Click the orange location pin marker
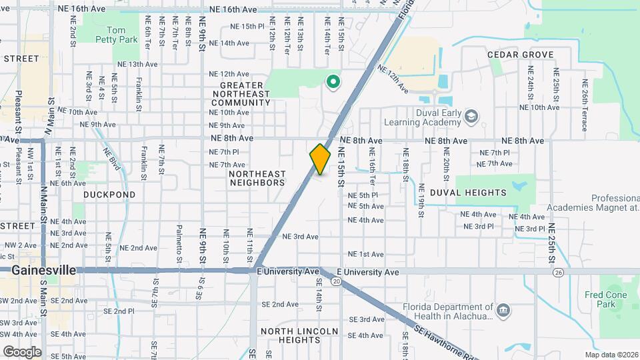pos(320,159)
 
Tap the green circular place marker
pos(332,83)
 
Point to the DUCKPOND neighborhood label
pos(109,195)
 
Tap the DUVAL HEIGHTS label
pos(468,193)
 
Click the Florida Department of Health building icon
pos(503,309)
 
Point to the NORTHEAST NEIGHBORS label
pos(257,178)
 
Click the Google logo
pos(22,351)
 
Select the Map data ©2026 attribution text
pos(611,355)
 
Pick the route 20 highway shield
pos(337,282)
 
